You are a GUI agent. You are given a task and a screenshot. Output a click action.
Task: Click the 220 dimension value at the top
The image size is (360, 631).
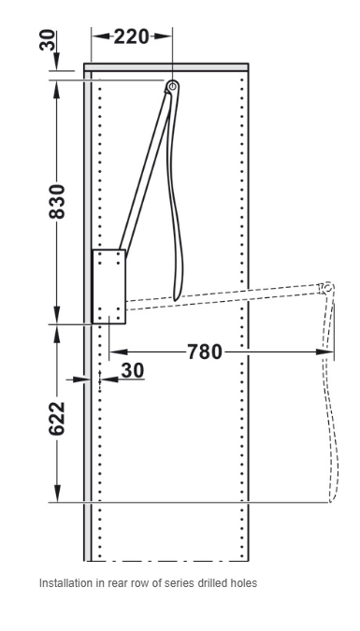131,36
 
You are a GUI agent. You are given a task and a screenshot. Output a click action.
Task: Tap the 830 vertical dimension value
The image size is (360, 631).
57,201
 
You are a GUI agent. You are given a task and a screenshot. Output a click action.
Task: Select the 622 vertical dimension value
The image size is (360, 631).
57,418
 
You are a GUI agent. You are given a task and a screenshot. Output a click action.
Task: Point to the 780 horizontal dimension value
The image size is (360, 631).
205,352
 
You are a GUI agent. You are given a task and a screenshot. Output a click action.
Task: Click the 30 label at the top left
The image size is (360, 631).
48,39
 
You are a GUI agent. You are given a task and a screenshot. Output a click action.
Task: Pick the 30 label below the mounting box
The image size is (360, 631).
132,370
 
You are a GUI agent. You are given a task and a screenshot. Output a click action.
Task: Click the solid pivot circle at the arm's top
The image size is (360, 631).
173,86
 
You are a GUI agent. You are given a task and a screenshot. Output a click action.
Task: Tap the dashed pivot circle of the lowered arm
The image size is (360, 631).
328,288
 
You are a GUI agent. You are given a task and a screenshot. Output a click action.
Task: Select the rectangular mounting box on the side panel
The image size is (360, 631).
109,287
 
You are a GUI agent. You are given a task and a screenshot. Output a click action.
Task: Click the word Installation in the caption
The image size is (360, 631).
60,583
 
